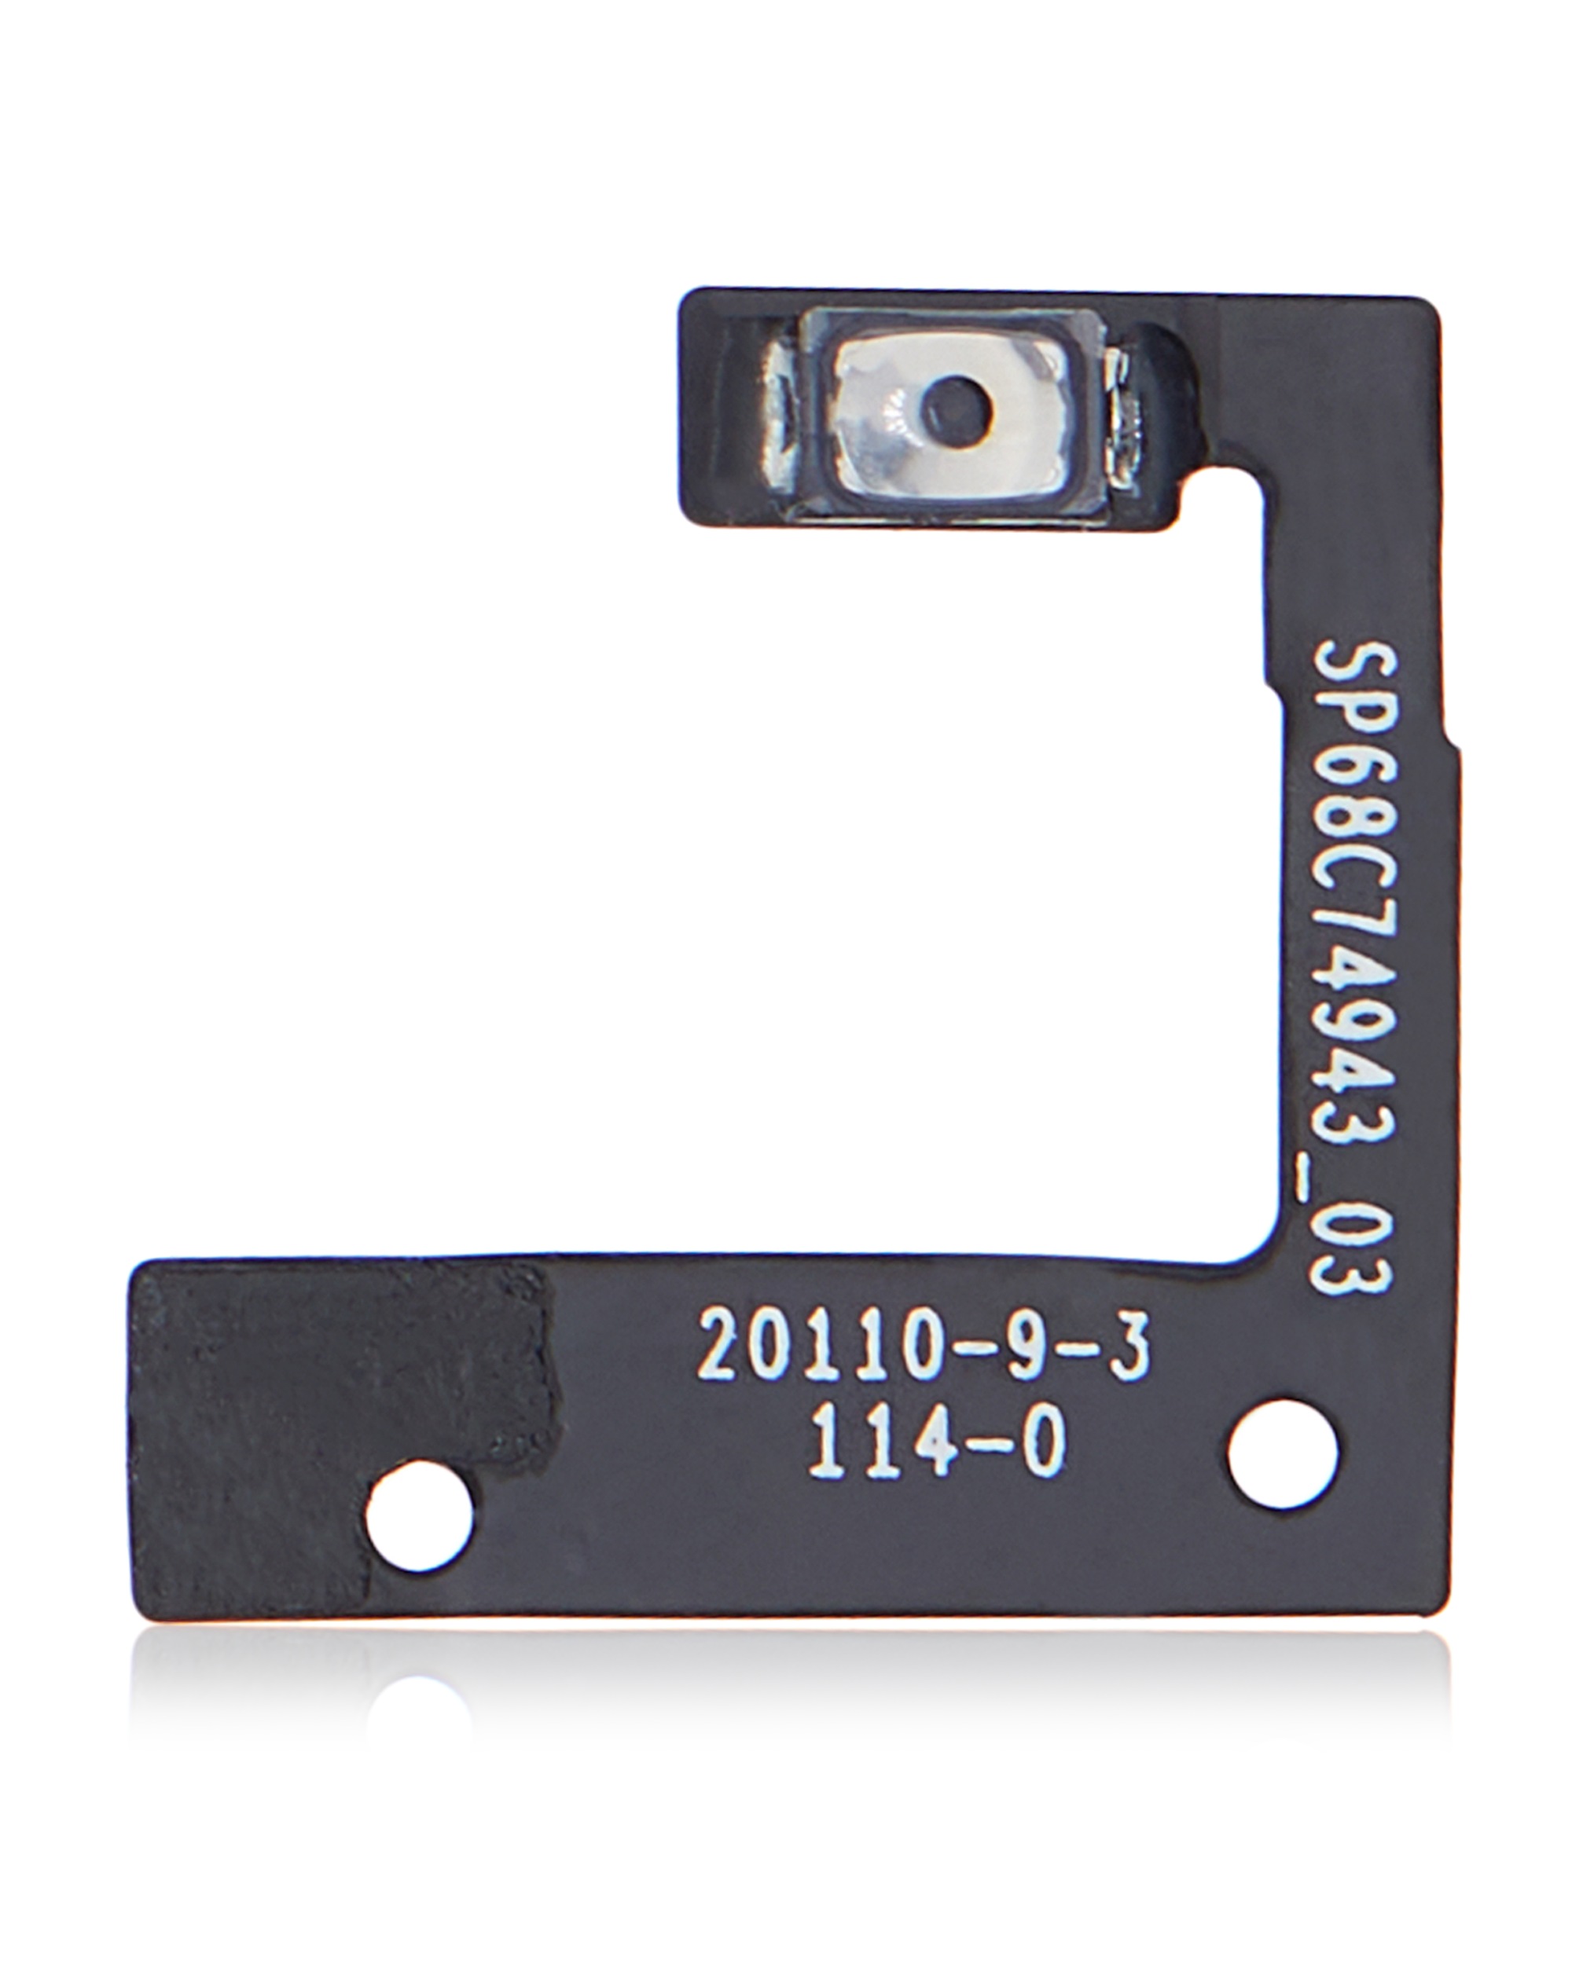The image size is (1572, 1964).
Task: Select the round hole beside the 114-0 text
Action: [1283, 1454]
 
